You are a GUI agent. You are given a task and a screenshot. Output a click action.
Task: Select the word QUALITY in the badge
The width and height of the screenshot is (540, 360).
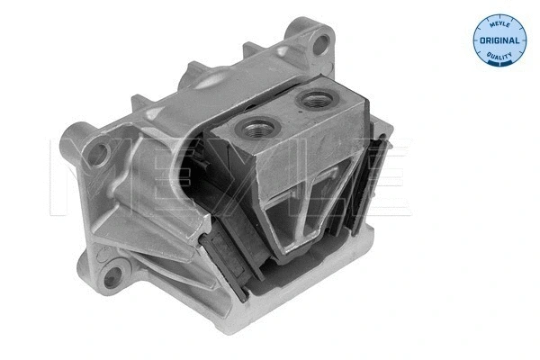tap(498, 55)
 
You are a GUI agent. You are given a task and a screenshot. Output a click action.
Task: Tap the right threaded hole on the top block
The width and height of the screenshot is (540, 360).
tap(315, 99)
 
